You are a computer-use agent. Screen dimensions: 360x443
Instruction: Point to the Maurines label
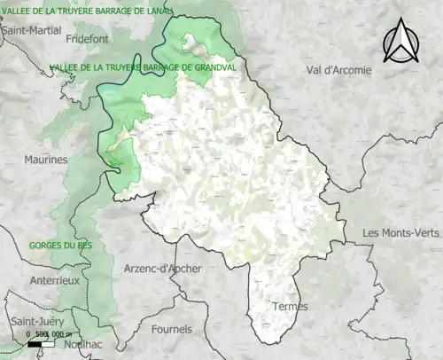(45, 160)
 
